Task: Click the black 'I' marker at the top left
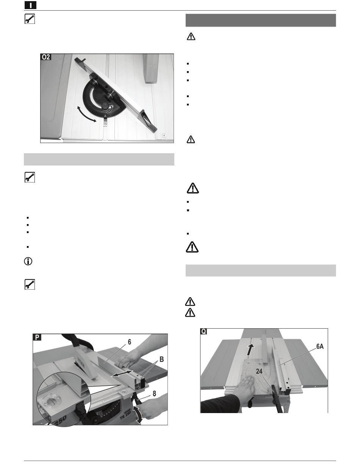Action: [x=30, y=5]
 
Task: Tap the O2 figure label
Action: [x=46, y=57]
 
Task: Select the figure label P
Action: [x=37, y=337]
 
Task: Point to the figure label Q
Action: [x=203, y=332]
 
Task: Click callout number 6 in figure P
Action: [x=130, y=342]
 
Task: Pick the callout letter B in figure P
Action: [x=162, y=359]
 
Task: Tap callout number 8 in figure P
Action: [x=154, y=393]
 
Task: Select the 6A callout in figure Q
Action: [x=320, y=346]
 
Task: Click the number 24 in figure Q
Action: [x=259, y=371]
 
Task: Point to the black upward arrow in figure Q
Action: [x=250, y=350]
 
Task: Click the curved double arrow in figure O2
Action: [x=86, y=114]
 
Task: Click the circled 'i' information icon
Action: [x=28, y=261]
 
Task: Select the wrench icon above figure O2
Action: [x=30, y=19]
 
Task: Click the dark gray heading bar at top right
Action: [x=261, y=20]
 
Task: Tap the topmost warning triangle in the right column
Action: [x=191, y=36]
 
